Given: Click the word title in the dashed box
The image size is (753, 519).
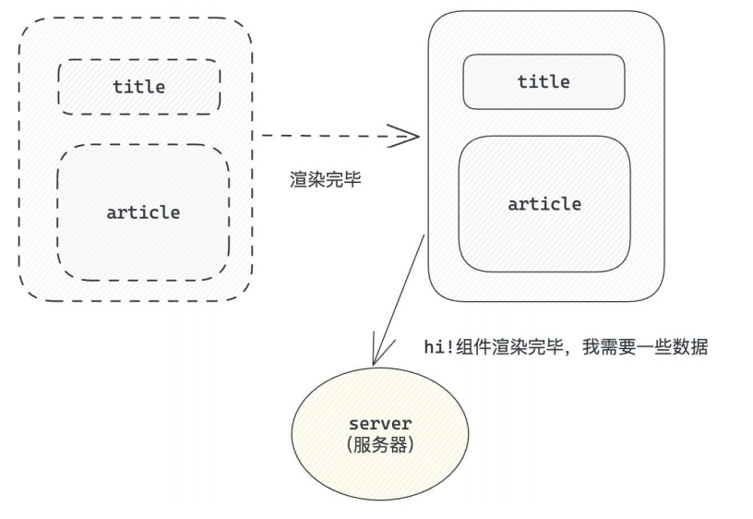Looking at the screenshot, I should [x=139, y=87].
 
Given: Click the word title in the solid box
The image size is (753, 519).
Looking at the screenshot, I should [x=544, y=81].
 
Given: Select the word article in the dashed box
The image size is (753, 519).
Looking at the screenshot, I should [x=143, y=211].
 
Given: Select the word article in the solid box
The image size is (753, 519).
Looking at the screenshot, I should [x=544, y=204].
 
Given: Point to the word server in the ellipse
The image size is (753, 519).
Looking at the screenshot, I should [x=380, y=424].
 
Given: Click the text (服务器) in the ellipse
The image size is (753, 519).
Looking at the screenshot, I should [x=380, y=444].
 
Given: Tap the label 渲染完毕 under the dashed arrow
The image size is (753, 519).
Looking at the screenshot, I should [x=326, y=180].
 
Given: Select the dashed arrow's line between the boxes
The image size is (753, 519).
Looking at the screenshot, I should [x=323, y=136].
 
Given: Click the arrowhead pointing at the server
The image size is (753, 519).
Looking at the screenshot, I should [x=376, y=356].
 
